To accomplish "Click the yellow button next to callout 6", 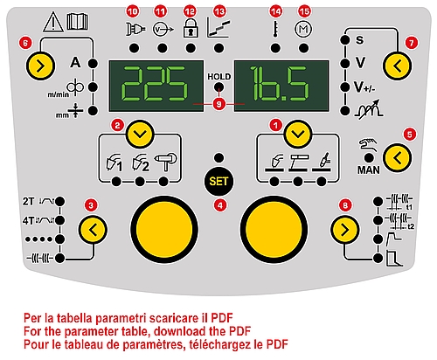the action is [x=40, y=66].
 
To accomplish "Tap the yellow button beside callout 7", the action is [x=397, y=66].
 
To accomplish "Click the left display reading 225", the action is [x=156, y=86].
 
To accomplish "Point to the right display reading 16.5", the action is [x=281, y=86].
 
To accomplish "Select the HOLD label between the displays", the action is [x=219, y=77].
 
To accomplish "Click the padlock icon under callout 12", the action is [x=191, y=28].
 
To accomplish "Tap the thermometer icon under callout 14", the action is [x=275, y=29].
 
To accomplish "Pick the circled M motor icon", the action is [x=303, y=29].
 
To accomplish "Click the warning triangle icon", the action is [x=53, y=22].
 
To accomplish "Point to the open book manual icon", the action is [x=77, y=21].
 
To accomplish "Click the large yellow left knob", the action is [x=164, y=230].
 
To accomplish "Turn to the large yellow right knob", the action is [x=274, y=230].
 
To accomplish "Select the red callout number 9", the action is [x=219, y=104].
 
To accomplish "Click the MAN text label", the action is [x=369, y=170].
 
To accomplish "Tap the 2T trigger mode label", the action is [x=28, y=201].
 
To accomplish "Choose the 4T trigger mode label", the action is [x=28, y=220].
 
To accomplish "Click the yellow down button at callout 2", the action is [x=141, y=135].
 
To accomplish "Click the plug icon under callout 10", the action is [x=135, y=29].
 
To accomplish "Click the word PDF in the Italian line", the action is [x=222, y=318].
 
